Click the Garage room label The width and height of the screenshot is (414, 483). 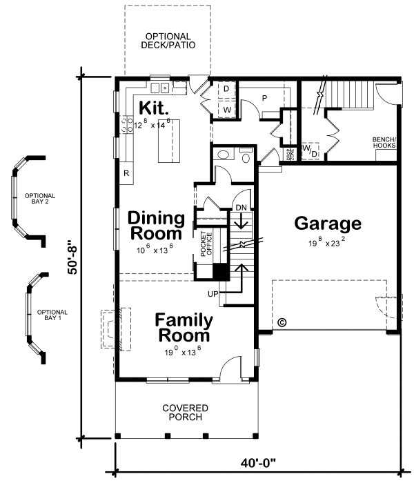pos(328,224)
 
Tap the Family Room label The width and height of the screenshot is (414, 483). pos(183,328)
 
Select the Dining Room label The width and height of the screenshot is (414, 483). pos(157,226)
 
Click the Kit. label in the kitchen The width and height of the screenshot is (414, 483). pos(155,108)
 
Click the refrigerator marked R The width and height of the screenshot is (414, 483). pos(126,173)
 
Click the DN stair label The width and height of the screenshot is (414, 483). pos(241,207)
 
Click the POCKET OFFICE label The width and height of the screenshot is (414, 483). pos(204,243)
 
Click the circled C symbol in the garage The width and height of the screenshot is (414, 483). pos(281,322)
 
